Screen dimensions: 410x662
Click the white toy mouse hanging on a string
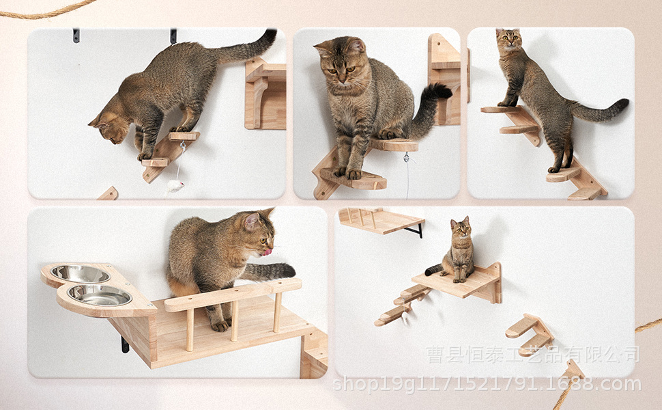pos(175,185)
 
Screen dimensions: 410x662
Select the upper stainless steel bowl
pos(80,274)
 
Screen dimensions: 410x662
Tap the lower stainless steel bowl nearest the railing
pos(100,295)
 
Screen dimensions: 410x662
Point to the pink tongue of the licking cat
pos(268,252)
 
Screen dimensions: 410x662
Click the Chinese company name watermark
pos(533,354)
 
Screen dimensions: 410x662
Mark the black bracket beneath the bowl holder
pos(125,344)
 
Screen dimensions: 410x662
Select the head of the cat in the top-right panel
pos(507,42)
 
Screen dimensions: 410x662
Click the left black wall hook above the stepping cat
pos(76,35)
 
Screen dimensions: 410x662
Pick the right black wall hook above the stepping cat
pos(173,36)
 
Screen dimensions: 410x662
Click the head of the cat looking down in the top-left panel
pos(109,127)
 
